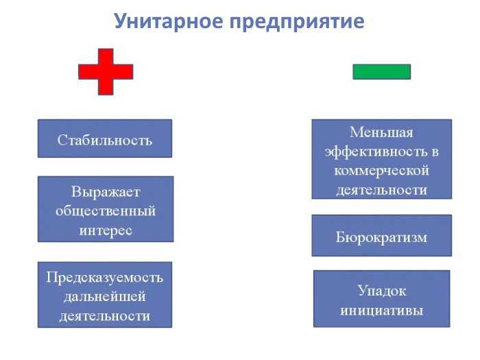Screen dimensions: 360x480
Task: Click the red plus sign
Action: [x=106, y=71]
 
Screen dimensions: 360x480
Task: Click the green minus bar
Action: [x=381, y=71]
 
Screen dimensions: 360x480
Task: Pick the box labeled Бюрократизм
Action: [x=381, y=237]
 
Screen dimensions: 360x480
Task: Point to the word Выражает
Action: [x=105, y=191]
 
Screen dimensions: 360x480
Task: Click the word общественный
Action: [x=105, y=210]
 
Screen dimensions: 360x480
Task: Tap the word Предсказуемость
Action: [x=104, y=277]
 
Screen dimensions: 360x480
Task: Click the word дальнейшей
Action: [x=104, y=296]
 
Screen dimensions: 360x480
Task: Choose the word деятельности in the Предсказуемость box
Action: [x=104, y=315]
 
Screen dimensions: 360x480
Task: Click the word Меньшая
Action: [x=381, y=132]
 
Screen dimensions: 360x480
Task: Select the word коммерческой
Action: [x=381, y=170]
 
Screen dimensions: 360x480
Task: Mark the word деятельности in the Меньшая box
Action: [x=381, y=189]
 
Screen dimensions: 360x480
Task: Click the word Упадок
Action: [x=381, y=290]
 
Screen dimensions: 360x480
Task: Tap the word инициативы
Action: [x=381, y=309]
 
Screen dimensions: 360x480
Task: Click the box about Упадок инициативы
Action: [x=381, y=299]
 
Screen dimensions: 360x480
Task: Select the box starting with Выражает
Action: [x=105, y=209]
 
